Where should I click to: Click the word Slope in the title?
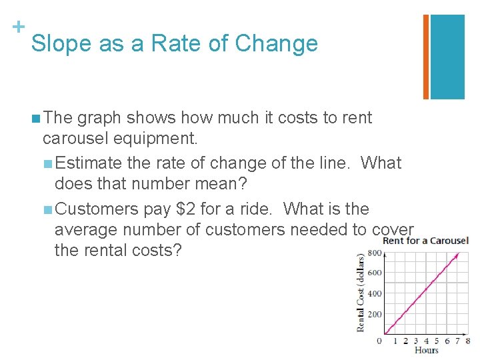(61, 44)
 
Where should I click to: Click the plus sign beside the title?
(18, 27)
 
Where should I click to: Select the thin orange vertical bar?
(426, 57)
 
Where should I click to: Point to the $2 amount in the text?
(185, 209)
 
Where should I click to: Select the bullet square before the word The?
(35, 119)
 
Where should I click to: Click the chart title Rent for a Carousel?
(425, 241)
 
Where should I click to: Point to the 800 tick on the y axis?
(375, 252)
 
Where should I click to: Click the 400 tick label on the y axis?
(375, 293)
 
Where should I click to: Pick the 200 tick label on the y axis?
(375, 314)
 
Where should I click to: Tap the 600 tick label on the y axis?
(375, 273)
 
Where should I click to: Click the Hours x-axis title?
(427, 351)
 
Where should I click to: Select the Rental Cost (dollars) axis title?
(361, 292)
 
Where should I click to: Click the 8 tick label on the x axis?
(467, 341)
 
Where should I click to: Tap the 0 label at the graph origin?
(379, 341)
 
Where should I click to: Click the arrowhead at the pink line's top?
(457, 255)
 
